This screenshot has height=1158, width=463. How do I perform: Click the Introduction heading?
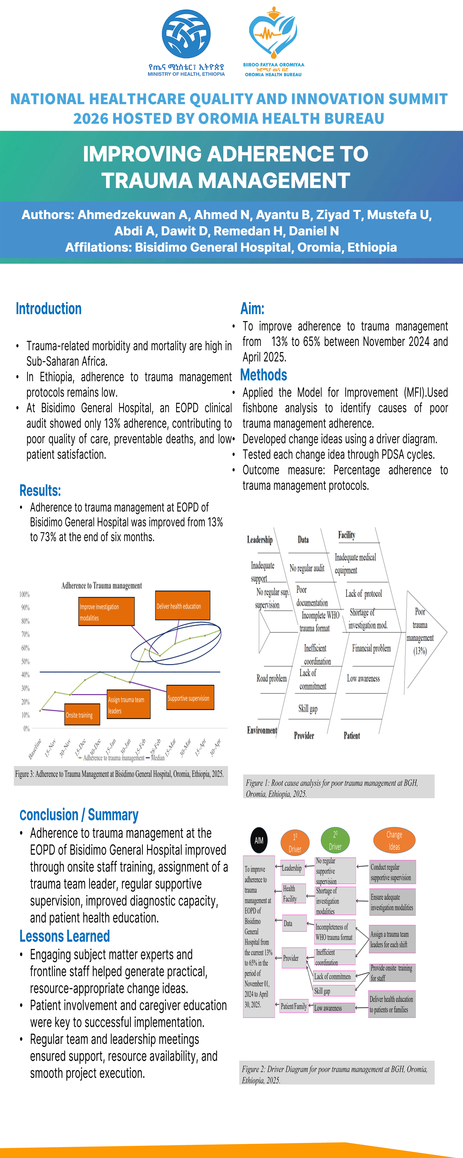coord(49,309)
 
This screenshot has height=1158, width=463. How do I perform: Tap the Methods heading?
coord(264,375)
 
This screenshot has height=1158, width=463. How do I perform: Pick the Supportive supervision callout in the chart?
coord(190,698)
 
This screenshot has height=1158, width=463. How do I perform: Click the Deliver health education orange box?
coord(182,606)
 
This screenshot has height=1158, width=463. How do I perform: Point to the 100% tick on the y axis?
coord(24,594)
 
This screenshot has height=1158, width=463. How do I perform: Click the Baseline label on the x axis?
coord(35,748)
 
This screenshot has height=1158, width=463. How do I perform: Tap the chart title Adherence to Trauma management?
coord(102,585)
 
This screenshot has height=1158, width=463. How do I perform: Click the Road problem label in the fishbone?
coord(271,678)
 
